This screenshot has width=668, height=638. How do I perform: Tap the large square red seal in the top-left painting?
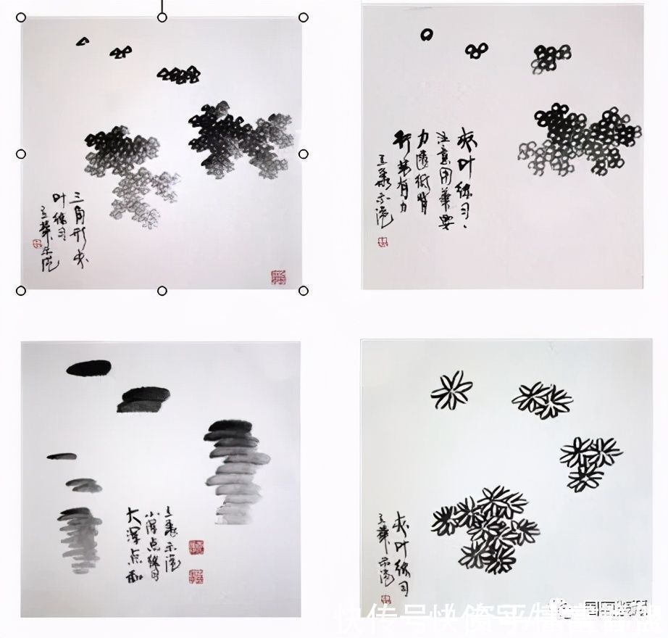click(279, 276)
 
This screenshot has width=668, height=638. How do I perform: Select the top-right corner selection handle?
click(304, 17)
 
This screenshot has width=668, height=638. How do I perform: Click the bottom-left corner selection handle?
click(21, 291)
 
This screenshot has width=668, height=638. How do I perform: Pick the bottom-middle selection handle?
click(162, 291)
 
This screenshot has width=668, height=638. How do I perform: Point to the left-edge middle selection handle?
click(21, 154)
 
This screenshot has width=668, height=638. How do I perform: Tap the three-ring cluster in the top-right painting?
click(476, 50)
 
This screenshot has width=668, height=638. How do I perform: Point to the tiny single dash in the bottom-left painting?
click(62, 456)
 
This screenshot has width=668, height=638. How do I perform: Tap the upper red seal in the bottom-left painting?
click(196, 547)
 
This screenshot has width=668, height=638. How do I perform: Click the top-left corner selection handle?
click(21, 17)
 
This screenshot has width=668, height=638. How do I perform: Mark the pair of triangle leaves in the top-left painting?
click(121, 51)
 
